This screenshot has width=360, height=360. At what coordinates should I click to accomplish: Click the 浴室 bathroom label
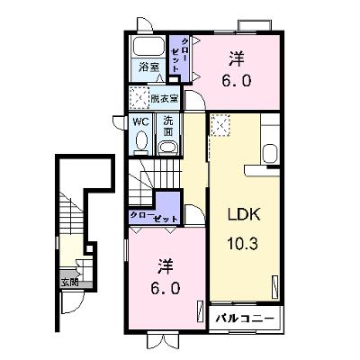(148, 67)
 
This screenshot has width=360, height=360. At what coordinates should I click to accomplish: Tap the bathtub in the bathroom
(149, 46)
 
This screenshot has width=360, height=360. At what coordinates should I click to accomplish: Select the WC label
(140, 121)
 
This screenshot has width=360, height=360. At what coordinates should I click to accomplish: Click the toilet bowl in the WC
(141, 140)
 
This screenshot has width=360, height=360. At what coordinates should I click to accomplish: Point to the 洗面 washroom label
(168, 126)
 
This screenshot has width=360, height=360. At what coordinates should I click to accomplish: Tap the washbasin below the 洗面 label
(167, 148)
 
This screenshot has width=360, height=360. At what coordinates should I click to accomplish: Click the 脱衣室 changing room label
(165, 98)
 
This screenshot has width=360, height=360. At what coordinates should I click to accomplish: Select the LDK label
(244, 214)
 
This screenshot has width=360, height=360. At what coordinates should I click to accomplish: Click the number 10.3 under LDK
(242, 243)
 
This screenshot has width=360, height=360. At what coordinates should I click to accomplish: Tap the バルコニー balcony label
(245, 318)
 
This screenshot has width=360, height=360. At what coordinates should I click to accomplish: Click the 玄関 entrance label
(70, 283)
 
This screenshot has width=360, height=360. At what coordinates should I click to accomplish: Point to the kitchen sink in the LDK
(271, 154)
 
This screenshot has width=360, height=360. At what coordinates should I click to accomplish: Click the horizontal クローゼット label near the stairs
(153, 217)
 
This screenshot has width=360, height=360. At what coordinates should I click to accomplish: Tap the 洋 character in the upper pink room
(237, 59)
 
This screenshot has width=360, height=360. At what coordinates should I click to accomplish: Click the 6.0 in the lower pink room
(166, 289)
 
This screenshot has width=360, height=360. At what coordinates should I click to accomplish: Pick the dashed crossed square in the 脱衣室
(139, 98)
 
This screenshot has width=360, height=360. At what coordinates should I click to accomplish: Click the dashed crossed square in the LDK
(220, 125)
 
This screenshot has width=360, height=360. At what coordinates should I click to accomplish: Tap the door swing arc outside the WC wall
(119, 123)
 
